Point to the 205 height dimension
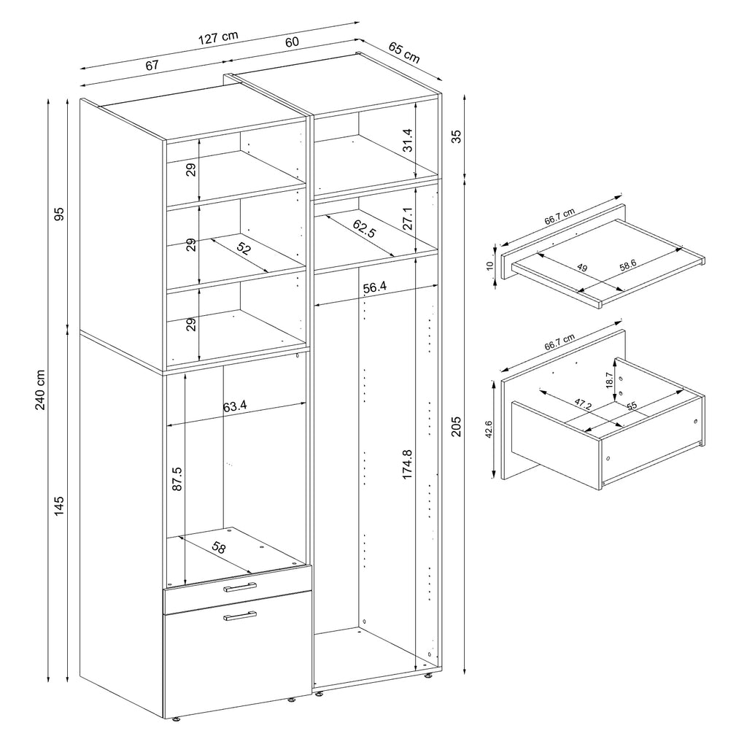pyautogui.click(x=456, y=425)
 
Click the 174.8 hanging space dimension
pyautogui.click(x=407, y=464)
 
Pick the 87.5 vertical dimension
pyautogui.click(x=177, y=480)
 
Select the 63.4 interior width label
pyautogui.click(x=235, y=406)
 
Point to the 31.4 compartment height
pyautogui.click(x=407, y=141)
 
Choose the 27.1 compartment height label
pyautogui.click(x=407, y=218)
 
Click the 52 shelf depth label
pyautogui.click(x=244, y=249)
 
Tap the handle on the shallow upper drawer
pyautogui.click(x=240, y=587)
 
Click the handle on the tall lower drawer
pyautogui.click(x=240, y=616)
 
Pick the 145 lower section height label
pyautogui.click(x=60, y=505)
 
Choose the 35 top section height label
pyautogui.click(x=456, y=137)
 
